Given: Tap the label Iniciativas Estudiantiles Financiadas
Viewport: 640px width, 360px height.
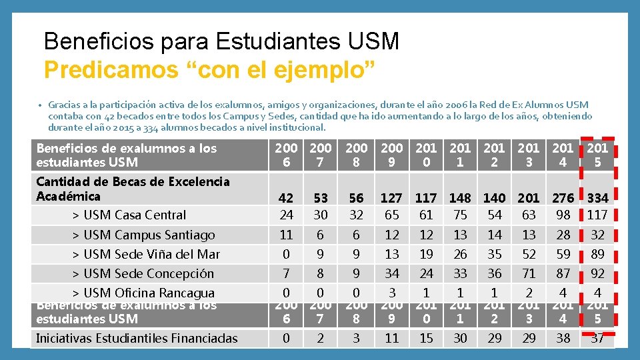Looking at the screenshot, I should click(137, 338).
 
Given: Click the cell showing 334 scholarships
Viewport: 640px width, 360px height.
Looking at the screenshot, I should click(597, 198).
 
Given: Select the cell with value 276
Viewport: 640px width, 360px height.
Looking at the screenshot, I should click(563, 198).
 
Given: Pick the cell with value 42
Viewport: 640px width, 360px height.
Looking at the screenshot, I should click(286, 198).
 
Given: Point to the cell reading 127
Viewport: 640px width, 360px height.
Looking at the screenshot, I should click(391, 198).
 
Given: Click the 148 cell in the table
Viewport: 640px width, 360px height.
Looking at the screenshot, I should click(460, 198).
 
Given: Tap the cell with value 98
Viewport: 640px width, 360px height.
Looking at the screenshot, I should click(563, 215).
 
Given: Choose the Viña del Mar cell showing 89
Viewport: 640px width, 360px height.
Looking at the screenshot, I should click(597, 254).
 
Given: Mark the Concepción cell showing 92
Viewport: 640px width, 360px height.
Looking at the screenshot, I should click(597, 273).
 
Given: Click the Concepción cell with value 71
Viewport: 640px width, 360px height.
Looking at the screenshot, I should click(529, 273).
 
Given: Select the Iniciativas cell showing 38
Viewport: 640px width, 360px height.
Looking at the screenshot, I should click(563, 338).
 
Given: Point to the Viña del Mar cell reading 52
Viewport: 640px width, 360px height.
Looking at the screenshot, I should click(529, 254).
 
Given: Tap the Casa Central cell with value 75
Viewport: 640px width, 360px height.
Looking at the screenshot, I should click(460, 215).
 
